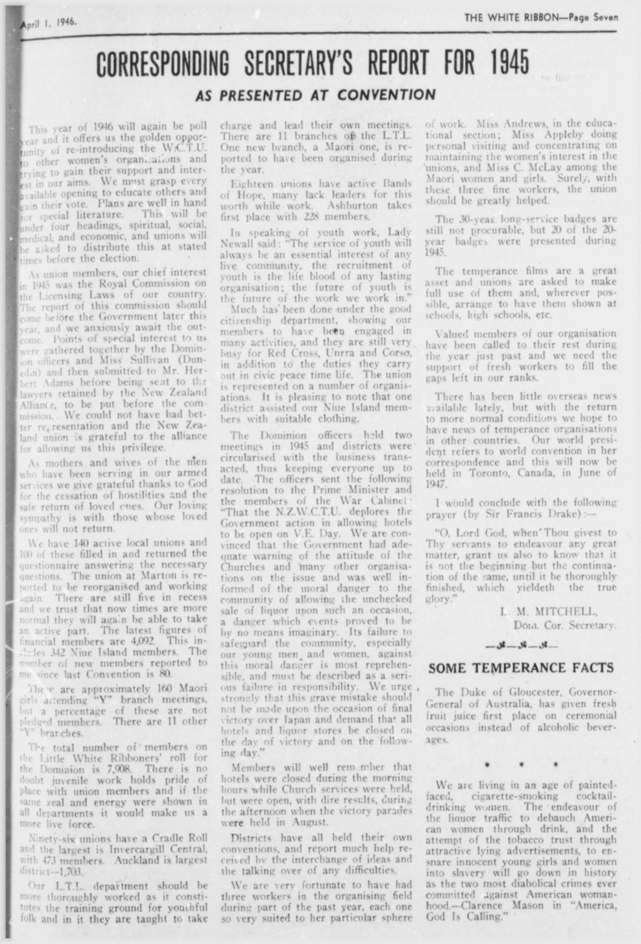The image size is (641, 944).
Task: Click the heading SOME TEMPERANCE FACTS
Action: [x=521, y=668]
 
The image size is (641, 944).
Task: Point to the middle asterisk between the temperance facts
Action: [x=521, y=765]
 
